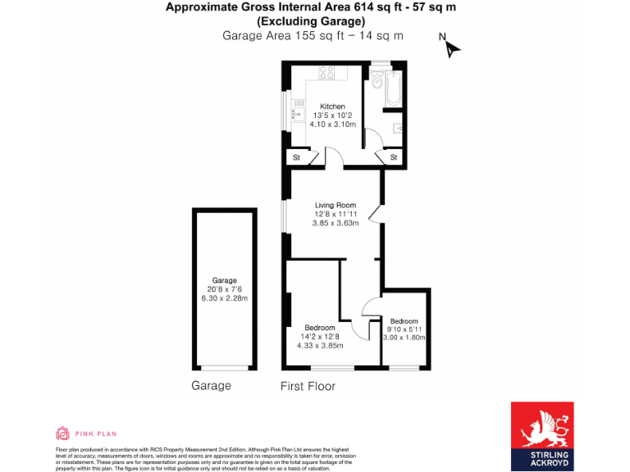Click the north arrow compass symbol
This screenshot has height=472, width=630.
pos(451,48)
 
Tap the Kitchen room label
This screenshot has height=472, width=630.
pos(332,107)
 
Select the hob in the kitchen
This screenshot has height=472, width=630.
pos(326,74)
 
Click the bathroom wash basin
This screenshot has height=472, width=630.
pos(397,128)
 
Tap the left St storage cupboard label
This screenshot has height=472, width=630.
pos(297,157)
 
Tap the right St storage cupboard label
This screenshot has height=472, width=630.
pos(394,157)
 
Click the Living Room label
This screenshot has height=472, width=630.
pos(336,205)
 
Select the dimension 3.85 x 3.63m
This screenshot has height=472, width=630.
pos(336,223)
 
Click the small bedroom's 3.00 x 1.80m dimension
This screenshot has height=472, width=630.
pos(404,338)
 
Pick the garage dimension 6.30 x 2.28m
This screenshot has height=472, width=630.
pos(224,298)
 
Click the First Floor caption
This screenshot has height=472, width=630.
pos(308,386)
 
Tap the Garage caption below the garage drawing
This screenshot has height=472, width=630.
pos(211,386)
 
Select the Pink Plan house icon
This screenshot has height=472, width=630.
pos(62,433)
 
